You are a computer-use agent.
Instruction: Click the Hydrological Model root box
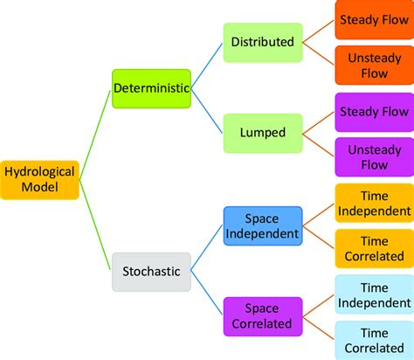[x=40, y=180]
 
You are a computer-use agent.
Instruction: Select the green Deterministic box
[x=151, y=88]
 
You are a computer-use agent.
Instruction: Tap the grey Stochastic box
[x=151, y=271]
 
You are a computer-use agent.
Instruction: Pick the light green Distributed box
[x=261, y=41]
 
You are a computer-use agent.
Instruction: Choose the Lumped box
[x=261, y=133]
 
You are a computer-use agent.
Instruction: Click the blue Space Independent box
[x=261, y=225]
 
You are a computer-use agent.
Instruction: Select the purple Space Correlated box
[x=261, y=316]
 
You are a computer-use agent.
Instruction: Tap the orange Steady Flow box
[x=373, y=18]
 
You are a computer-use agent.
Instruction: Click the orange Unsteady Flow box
[x=373, y=65]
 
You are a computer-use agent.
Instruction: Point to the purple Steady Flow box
[x=373, y=111]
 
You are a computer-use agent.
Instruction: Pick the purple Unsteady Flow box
[x=373, y=156]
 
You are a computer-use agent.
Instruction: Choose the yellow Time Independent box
[x=373, y=203]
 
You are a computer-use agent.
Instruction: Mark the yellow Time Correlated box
[x=373, y=249]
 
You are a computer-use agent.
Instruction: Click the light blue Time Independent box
[x=373, y=294]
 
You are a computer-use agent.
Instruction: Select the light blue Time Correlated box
[x=373, y=340]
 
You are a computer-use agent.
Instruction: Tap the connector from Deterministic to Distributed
[x=206, y=66]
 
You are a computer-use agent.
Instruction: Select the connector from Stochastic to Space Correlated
[x=206, y=294]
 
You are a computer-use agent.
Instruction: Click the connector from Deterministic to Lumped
[x=206, y=111]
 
